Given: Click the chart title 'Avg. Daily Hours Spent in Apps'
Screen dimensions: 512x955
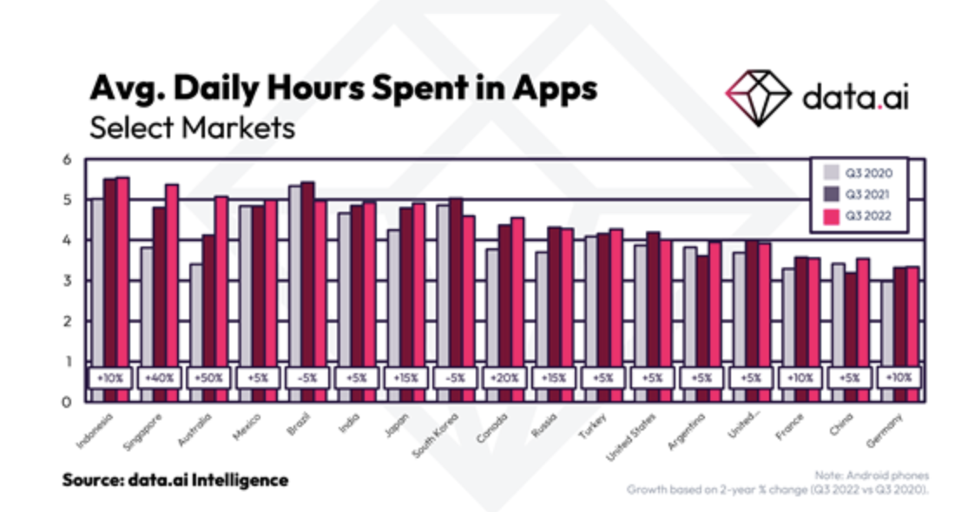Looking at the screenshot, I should pyautogui.click(x=344, y=89).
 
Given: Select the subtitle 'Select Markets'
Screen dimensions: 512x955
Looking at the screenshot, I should pyautogui.click(x=192, y=128).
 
